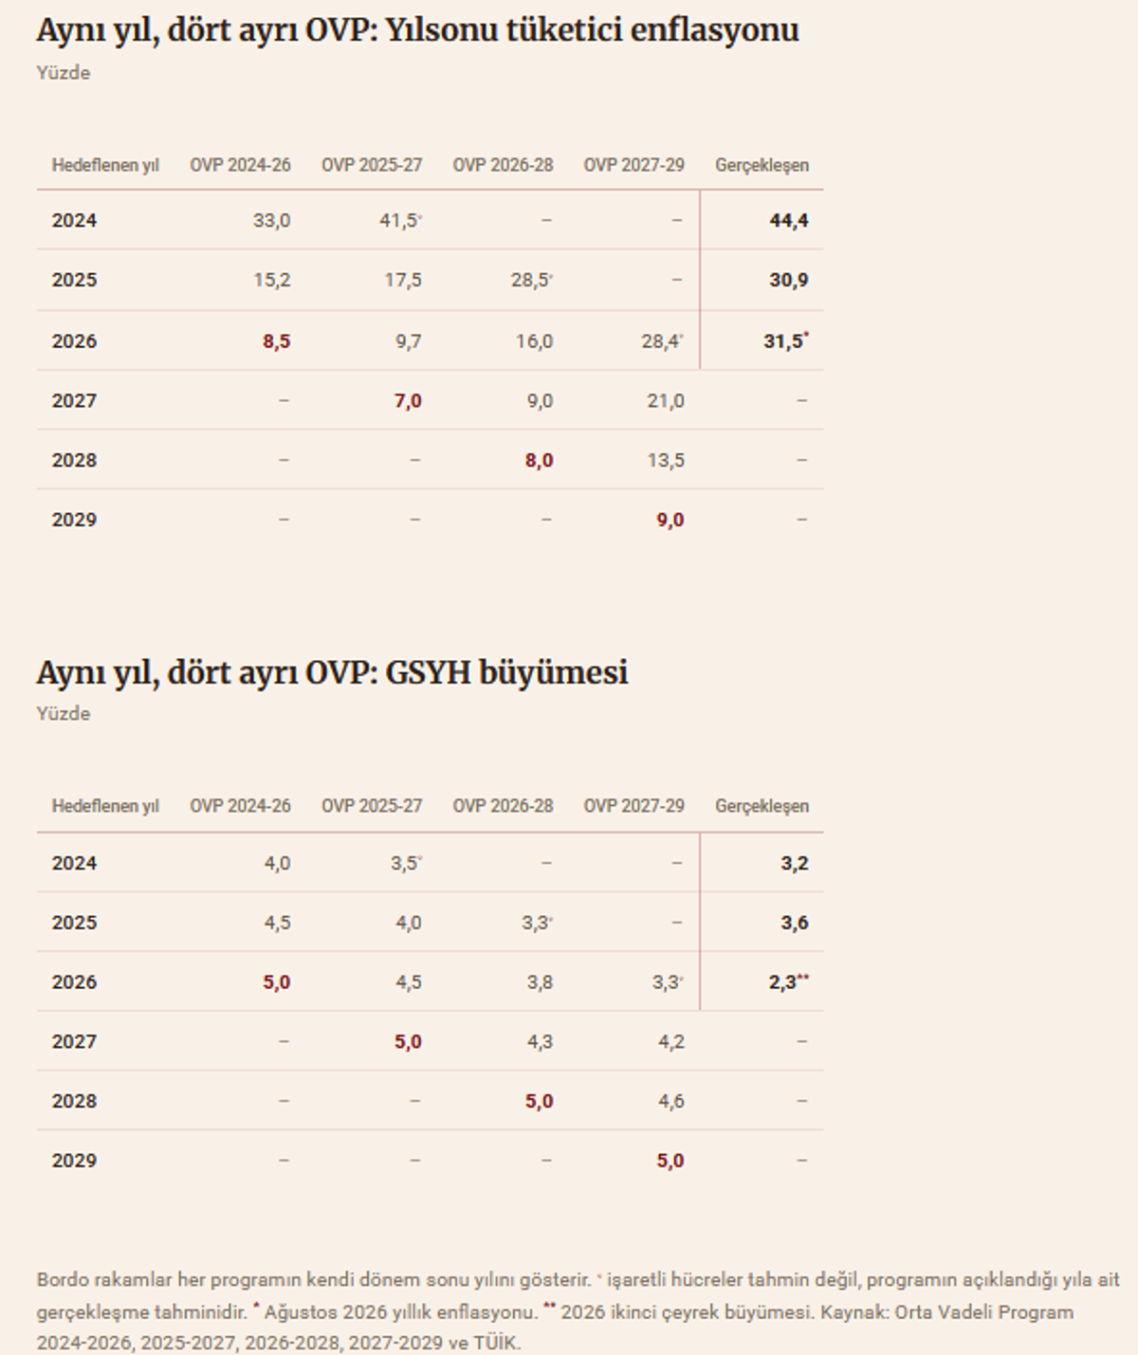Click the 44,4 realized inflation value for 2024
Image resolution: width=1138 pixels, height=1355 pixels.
point(789,221)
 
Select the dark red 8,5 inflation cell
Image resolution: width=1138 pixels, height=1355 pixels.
point(277,341)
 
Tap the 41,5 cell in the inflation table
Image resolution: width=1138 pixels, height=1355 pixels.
point(398,221)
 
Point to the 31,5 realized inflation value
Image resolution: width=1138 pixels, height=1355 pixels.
point(783,341)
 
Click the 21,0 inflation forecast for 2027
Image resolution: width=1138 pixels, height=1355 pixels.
point(666,401)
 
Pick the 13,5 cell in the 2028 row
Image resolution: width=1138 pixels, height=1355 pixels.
point(666,461)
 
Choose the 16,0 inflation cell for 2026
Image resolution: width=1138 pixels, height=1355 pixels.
point(534,341)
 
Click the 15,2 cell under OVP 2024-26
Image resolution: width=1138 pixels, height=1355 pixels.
point(272,281)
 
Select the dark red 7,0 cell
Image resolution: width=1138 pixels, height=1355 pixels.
point(408,401)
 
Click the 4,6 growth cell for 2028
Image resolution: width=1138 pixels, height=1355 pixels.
point(670,1101)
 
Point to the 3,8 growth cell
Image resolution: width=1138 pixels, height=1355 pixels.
point(540,982)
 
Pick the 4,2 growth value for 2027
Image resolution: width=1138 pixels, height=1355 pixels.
point(670,1041)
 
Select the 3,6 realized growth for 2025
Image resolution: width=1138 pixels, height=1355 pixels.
point(795,923)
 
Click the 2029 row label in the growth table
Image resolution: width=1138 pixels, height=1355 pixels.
point(74,1161)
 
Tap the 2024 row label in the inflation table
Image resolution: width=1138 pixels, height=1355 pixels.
point(74,221)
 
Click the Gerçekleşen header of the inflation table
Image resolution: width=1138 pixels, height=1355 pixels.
point(762,166)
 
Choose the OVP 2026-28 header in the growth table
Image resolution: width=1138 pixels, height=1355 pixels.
point(504,806)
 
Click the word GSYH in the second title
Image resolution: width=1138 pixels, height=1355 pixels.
point(428,672)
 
